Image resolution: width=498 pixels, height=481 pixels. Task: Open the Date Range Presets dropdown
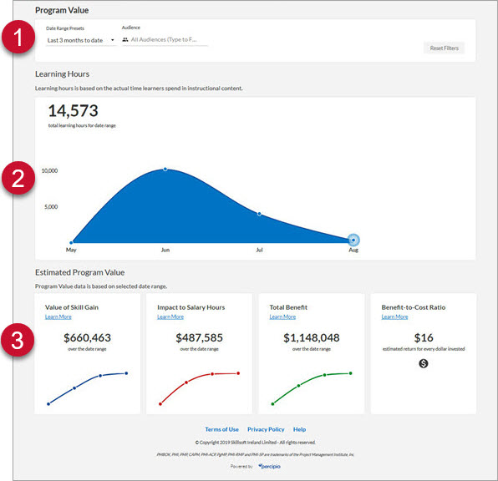80,39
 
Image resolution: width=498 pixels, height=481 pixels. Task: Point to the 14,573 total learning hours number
74,110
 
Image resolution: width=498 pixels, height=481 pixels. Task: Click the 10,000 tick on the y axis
49,170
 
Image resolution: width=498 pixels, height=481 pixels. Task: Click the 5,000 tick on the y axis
52,206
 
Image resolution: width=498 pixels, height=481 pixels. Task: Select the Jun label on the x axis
165,249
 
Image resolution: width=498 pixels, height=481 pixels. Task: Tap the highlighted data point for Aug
353,240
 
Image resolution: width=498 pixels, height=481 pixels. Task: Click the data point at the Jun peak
165,169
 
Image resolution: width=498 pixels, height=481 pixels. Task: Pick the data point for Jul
259,214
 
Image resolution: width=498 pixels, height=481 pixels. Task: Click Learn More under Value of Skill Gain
58,317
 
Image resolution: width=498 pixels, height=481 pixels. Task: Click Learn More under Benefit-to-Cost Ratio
394,317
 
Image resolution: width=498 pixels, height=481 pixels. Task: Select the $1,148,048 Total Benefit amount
310,338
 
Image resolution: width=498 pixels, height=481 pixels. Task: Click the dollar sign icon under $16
423,363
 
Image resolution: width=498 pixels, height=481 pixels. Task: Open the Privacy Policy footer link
266,429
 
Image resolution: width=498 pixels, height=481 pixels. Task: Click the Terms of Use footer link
221,429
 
